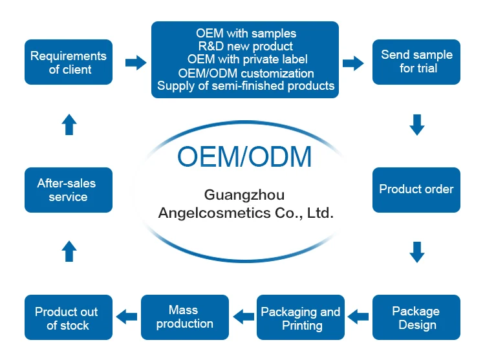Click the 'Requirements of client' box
tap(69, 62)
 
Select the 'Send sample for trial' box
tap(416, 62)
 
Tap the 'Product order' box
tap(416, 189)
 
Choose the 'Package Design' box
tap(416, 317)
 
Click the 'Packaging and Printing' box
tap(301, 317)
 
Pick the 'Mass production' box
tap(184, 317)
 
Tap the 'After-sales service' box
tap(69, 189)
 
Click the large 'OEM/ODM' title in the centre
tap(244, 157)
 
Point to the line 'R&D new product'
tap(245, 47)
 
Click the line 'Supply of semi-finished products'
tap(246, 85)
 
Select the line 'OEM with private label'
tap(245, 59)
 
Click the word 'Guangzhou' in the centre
tap(244, 195)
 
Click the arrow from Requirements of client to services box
tap(135, 62)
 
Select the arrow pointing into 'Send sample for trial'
tap(352, 63)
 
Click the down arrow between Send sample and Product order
tap(417, 125)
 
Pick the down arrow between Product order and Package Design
tap(417, 252)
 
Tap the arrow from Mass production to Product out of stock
tap(127, 316)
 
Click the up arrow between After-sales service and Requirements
tap(69, 125)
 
